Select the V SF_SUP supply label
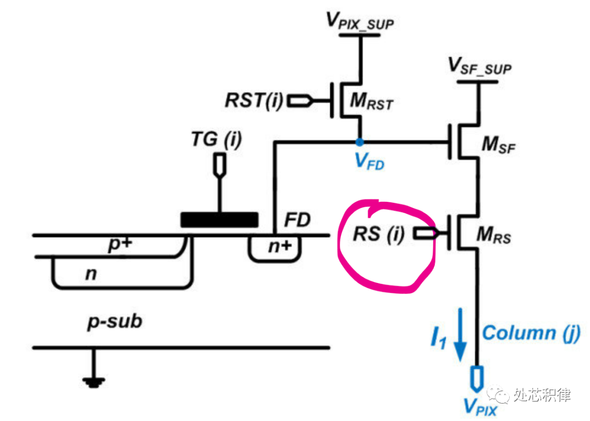[x=480, y=67]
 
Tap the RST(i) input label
[x=253, y=101]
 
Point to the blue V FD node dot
[x=359, y=142]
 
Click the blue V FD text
[x=369, y=161]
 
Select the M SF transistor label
[x=498, y=147]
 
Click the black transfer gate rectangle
[x=219, y=220]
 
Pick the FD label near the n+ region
[x=297, y=221]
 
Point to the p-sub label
[x=115, y=321]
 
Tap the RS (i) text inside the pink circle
[x=378, y=234]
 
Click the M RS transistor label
[x=495, y=236]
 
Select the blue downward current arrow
[x=461, y=334]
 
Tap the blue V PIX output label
[x=480, y=406]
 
